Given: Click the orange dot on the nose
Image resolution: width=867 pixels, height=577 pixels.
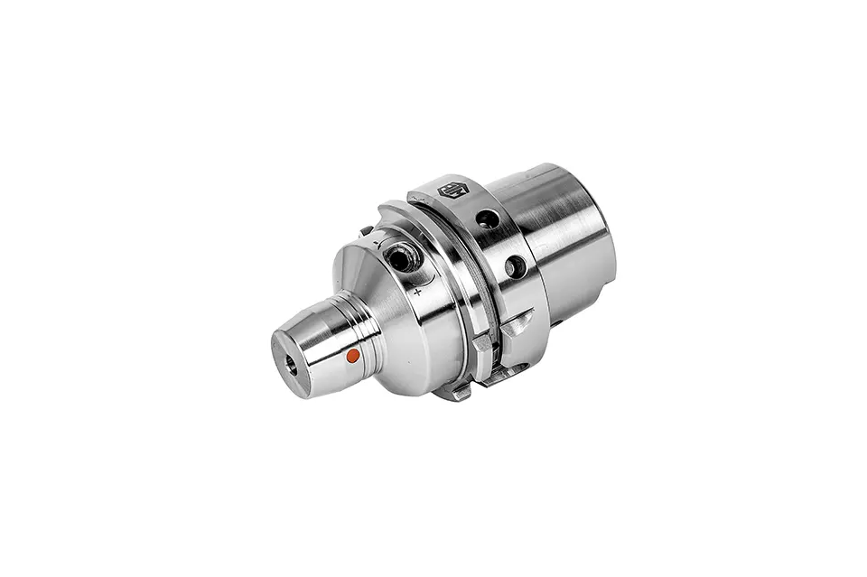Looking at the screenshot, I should [x=353, y=356].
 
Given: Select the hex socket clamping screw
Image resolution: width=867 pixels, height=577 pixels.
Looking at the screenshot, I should [x=401, y=258].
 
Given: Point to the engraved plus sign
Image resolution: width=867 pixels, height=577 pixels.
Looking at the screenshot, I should [x=417, y=292].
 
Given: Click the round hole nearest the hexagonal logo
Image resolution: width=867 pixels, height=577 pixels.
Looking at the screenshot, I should [x=488, y=219].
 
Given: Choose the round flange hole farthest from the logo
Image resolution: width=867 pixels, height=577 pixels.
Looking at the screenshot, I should [x=516, y=266].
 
